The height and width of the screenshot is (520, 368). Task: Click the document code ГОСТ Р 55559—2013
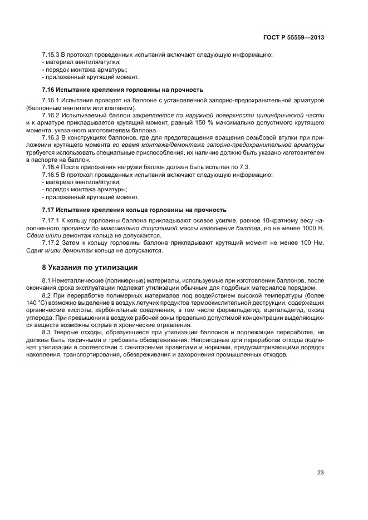point(293,37)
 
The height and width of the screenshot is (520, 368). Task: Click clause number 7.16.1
point(51,100)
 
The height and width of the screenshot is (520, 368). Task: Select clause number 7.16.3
point(51,136)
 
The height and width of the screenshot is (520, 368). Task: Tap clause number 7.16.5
point(51,175)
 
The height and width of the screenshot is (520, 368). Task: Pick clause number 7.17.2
point(51,243)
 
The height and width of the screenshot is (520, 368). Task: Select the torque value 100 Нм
point(311,243)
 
